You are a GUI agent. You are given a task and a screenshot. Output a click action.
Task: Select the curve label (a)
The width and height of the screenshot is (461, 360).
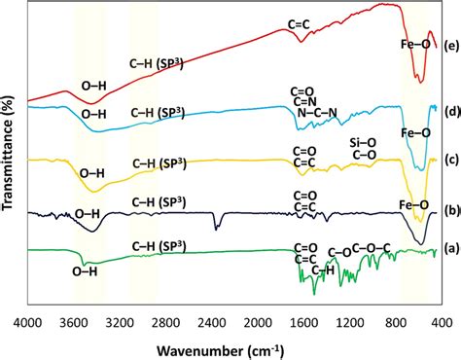click(449, 248)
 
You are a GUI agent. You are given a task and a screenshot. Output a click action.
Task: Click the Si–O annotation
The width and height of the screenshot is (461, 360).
click(366, 142)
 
